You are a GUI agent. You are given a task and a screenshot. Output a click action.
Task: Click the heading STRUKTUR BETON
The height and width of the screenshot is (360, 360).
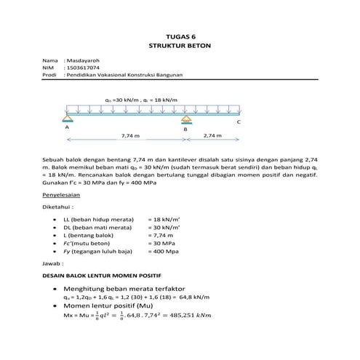pos(180,44)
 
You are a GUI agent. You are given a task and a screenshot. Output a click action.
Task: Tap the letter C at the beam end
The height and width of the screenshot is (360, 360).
pos(239,123)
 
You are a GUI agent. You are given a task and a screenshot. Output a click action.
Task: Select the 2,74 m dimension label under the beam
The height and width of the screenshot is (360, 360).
pos(212,136)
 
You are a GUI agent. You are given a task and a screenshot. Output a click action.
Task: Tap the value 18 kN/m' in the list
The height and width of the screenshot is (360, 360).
pos(164,218)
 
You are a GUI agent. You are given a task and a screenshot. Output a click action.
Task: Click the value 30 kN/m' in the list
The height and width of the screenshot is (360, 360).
pos(164,227)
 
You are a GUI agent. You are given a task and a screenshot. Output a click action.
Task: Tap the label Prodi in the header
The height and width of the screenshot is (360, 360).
pos(50,74)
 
